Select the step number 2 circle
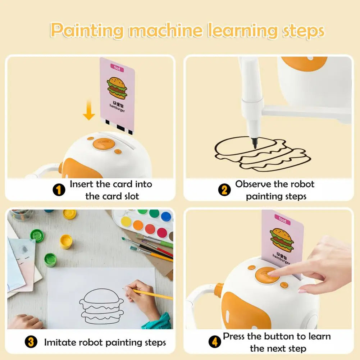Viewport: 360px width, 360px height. (224, 190)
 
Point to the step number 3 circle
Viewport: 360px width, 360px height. (31, 342)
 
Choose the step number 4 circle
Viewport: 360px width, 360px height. (215, 342)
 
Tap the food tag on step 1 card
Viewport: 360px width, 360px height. (117, 68)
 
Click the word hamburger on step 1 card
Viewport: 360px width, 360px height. (118, 110)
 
